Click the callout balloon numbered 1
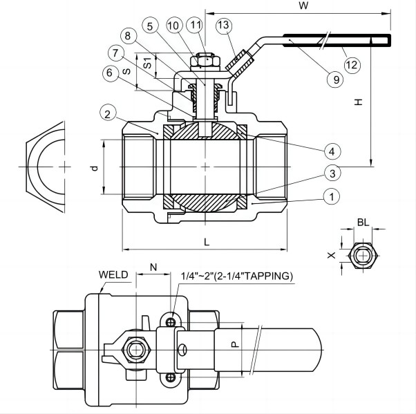[x=332, y=197]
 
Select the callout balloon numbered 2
[x=106, y=113]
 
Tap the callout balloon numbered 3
[x=332, y=173]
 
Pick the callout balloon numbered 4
[x=332, y=150]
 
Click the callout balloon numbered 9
[x=336, y=79]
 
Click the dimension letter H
[x=357, y=102]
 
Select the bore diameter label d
[x=95, y=168]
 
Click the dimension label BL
[x=363, y=222]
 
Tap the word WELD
[x=113, y=274]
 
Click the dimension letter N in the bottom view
[x=153, y=266]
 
